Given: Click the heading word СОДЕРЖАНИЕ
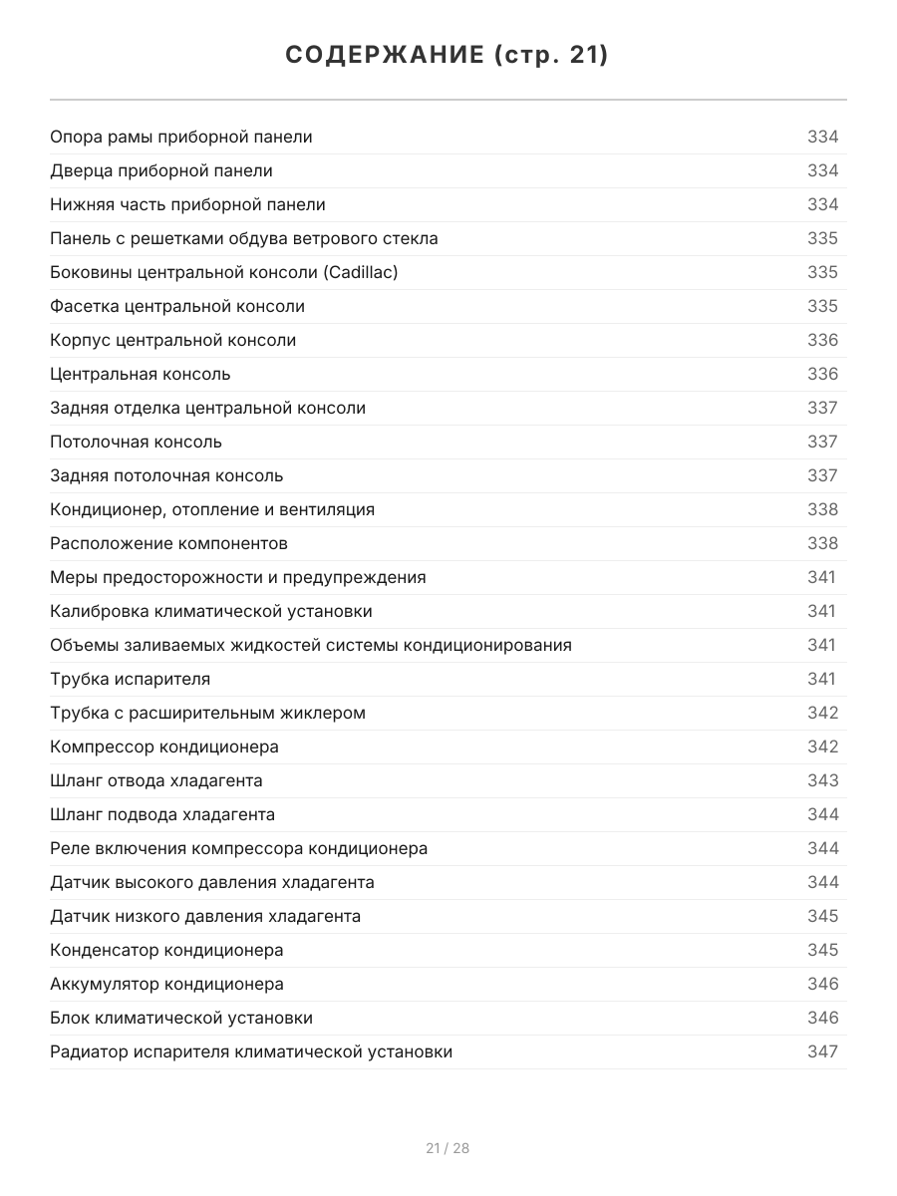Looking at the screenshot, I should (x=384, y=56).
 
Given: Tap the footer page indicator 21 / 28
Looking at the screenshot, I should (x=448, y=1148).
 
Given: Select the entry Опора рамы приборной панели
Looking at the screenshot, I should (x=180, y=137).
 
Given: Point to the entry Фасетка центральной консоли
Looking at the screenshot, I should (x=177, y=306).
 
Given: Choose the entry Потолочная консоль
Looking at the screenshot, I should (x=136, y=442).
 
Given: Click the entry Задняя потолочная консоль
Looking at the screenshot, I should (x=166, y=475).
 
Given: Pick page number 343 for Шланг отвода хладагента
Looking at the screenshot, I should (x=822, y=780).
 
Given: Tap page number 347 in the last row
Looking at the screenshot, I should (x=822, y=1051).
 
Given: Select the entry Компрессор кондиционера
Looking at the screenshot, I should (x=164, y=747).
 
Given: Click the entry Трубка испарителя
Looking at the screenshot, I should (x=130, y=679).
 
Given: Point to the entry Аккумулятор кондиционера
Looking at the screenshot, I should (x=166, y=984).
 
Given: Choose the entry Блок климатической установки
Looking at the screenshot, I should (x=181, y=1018).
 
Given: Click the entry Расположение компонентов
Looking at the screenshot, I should (x=168, y=543).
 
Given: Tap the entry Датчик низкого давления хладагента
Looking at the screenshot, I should (x=205, y=916).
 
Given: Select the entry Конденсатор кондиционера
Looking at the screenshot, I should (x=166, y=950).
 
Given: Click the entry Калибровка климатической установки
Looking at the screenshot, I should (x=211, y=611).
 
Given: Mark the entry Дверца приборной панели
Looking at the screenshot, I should (x=161, y=170).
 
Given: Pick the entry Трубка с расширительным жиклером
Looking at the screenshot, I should (x=207, y=713).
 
